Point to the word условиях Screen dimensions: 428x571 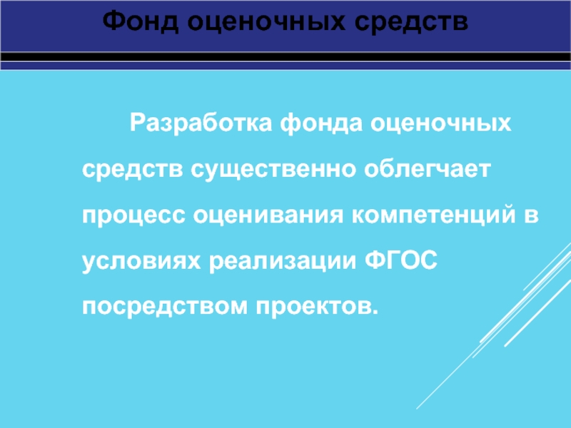[141, 261]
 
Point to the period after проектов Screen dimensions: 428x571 [372, 312]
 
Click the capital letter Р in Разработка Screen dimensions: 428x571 [134, 126]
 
